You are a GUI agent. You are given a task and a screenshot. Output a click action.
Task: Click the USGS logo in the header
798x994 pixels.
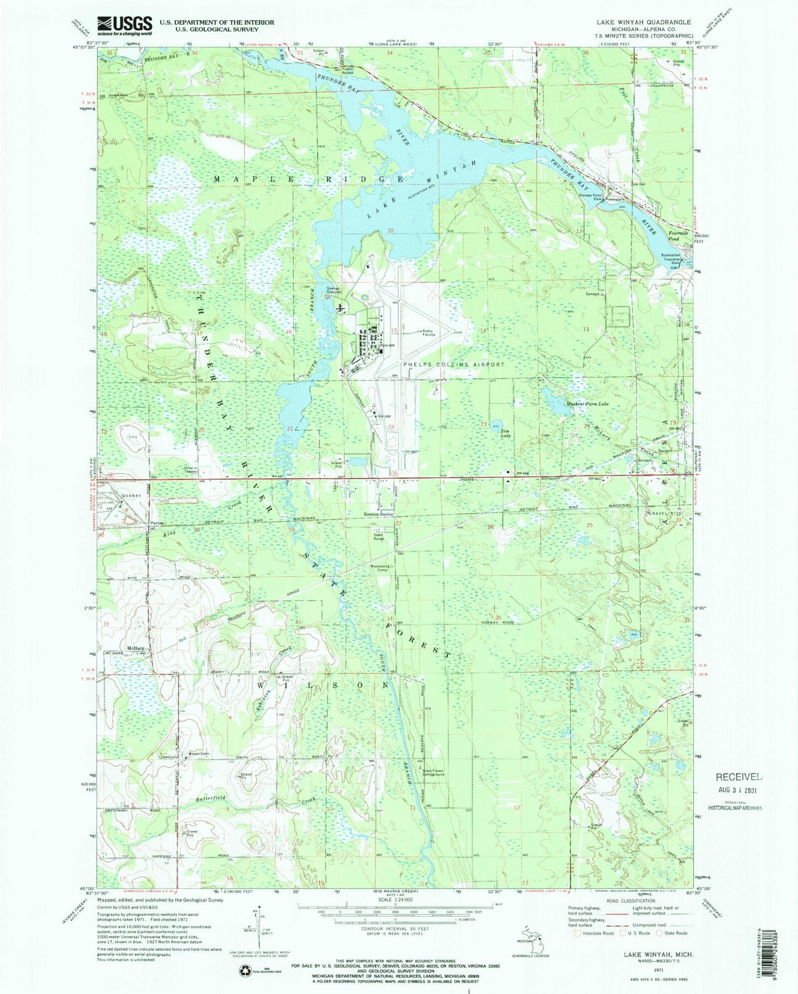point(125,24)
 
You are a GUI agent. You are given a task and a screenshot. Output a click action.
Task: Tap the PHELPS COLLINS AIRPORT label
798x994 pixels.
point(453,364)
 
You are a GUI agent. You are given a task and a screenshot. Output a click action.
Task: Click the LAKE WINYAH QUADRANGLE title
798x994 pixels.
point(643,22)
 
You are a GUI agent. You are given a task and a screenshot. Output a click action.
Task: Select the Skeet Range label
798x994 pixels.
point(378,536)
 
